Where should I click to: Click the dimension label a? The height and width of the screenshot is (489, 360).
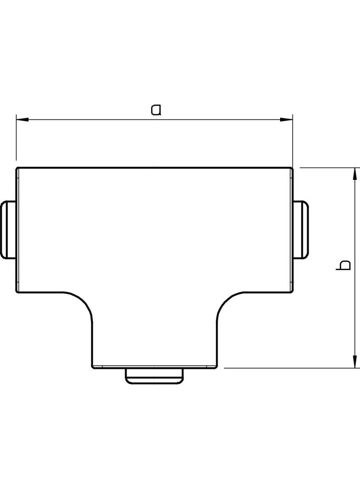point(157,110)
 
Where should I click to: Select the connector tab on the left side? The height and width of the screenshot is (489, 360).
point(8,229)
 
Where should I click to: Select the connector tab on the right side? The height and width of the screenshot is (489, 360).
point(301,229)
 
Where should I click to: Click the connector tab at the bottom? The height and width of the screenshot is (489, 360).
point(155,375)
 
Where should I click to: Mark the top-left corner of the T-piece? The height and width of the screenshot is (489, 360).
point(17,168)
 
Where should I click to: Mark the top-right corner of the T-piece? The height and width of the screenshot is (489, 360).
point(292,168)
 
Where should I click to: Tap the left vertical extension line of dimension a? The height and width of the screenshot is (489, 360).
point(16,142)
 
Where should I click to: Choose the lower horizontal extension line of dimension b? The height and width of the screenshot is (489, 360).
point(289,368)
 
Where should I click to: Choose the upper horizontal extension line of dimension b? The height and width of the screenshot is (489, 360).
point(326,168)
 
